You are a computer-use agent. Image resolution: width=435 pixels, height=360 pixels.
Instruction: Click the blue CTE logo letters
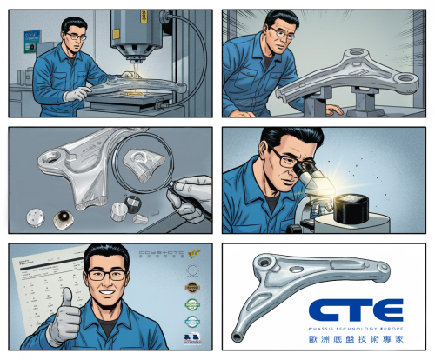pos(358,310)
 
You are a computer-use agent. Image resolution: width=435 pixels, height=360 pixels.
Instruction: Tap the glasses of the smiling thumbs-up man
pos(107,275)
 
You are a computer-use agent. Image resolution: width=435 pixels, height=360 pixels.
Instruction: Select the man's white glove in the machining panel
pos(77,92)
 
